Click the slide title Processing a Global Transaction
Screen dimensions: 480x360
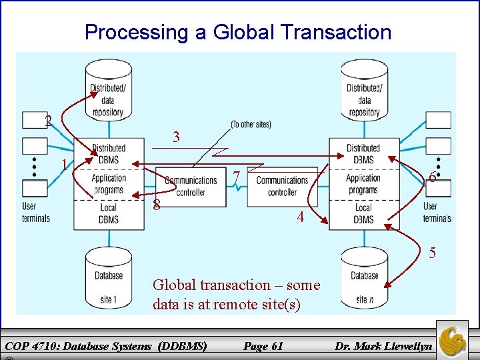pos(238,32)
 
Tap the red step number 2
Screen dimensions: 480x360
pos(48,121)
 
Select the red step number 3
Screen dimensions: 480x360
pos(176,137)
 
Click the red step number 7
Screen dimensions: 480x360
pos(237,177)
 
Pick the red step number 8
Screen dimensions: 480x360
pos(156,204)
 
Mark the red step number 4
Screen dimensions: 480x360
pos(301,217)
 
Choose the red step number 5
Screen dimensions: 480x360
pos(433,253)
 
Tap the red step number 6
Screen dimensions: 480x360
pos(433,177)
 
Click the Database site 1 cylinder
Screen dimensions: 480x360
pos(109,277)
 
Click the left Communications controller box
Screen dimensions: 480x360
pos(191,186)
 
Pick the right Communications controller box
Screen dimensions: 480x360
pos(282,186)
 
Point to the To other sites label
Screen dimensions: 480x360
pos(251,125)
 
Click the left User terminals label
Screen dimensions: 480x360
pos(36,212)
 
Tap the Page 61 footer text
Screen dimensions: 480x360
pos(263,345)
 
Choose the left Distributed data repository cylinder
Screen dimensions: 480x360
pos(108,91)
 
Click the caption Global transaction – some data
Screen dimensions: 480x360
pos(236,294)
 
